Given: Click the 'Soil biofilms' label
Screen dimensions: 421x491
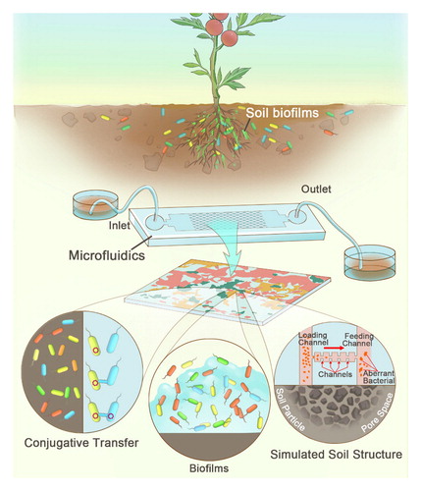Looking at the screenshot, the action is (282, 113).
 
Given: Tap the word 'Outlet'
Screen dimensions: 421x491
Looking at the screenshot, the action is (316, 189).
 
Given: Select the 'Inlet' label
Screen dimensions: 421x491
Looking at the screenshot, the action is (120, 225).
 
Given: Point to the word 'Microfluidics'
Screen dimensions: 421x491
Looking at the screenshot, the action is (107, 255).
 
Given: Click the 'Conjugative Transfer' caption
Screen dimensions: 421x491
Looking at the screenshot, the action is (81, 443).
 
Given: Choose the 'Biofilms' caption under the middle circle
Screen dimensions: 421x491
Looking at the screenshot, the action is (209, 468).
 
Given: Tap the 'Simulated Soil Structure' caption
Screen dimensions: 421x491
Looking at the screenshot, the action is (336, 455).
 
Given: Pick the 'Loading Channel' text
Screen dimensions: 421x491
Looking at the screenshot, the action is (313, 339).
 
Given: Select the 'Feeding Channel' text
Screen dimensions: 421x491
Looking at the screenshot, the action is (358, 340).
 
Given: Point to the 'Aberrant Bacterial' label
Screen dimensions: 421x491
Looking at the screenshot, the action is (379, 377).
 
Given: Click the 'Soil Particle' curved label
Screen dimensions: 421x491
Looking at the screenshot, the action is (290, 409).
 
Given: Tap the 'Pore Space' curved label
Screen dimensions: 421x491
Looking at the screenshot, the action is (377, 413).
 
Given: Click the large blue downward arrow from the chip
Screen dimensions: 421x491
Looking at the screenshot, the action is (233, 248).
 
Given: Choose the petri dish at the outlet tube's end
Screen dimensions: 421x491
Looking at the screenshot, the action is (369, 261).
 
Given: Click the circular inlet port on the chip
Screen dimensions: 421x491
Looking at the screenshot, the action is (154, 223).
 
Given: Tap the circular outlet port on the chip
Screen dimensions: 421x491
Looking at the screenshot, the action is (297, 217).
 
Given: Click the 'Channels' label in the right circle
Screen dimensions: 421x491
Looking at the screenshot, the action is (335, 374).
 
